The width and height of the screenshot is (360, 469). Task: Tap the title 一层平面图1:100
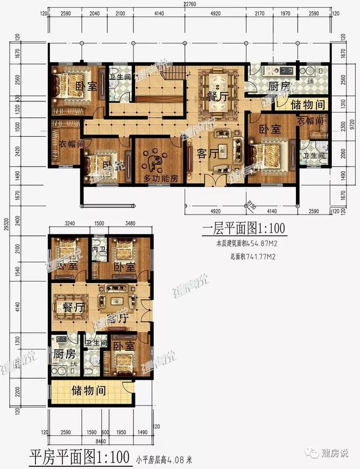(244, 229)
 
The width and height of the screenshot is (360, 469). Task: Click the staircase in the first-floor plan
(178, 73)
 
